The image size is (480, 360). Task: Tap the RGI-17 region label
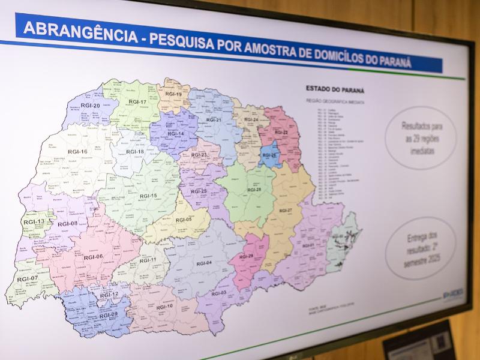(138, 102)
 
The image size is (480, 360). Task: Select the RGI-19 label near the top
(174, 94)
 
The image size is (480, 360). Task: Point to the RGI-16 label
(77, 152)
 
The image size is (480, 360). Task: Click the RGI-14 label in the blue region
(176, 133)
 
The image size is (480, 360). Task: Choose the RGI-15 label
(148, 196)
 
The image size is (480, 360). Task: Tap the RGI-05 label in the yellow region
(184, 220)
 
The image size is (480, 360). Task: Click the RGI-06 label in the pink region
(93, 257)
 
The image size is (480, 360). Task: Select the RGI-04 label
(204, 263)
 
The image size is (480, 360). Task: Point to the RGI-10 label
(164, 306)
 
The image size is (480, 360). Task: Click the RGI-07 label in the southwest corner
(27, 279)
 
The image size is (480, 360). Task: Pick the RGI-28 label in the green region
(254, 190)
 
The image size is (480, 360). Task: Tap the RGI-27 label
(286, 211)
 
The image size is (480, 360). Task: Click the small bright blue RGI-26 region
(269, 155)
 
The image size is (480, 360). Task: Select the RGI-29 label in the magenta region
(246, 257)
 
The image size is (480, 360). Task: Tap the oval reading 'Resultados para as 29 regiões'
(420, 137)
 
